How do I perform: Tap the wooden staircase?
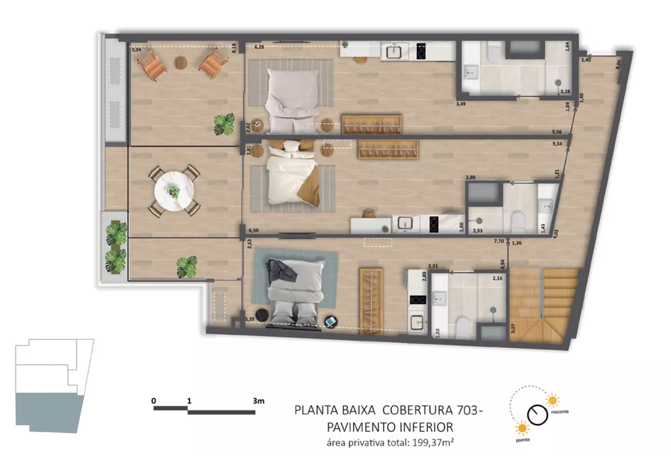[544, 305]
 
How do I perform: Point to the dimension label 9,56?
[556, 132]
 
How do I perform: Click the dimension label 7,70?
[499, 239]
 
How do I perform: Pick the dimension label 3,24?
[136, 50]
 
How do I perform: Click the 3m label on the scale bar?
[259, 400]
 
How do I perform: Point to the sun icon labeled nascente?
[552, 400]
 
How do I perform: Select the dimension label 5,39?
[250, 320]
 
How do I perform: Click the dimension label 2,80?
[470, 176]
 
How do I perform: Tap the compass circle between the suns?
[537, 414]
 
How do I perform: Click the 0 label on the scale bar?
[154, 400]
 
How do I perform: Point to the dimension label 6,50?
[253, 229]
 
